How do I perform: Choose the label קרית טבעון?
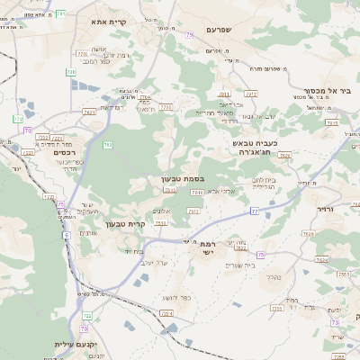point(125,223)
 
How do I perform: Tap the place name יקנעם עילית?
point(69,344)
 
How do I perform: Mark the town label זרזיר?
point(326,207)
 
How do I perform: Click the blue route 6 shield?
point(66,235)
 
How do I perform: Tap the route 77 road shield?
point(255,210)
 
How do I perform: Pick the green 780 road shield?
point(70,71)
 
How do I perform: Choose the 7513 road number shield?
point(170,190)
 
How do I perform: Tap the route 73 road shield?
point(335,322)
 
